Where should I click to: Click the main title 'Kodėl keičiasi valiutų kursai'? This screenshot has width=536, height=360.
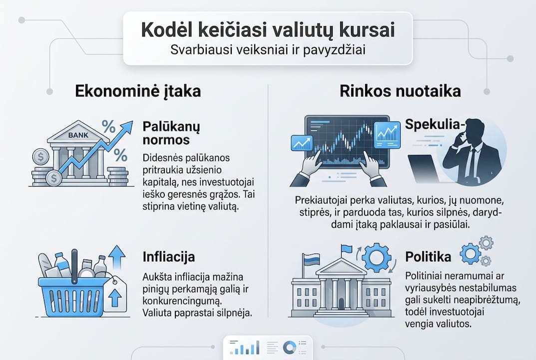click(x=268, y=30)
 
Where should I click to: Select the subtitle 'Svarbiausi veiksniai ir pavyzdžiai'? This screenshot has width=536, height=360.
click(x=268, y=50)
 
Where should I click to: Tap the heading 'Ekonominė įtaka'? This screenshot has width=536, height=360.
click(x=138, y=91)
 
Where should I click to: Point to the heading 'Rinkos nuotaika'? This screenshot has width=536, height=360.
click(x=400, y=91)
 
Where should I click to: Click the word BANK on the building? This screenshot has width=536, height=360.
click(x=78, y=135)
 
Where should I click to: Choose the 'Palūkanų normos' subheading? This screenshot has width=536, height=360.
click(x=171, y=133)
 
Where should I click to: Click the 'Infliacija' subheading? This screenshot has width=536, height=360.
click(x=169, y=256)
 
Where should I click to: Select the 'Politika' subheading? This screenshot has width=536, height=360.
click(x=428, y=256)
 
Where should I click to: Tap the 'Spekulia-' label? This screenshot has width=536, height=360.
click(x=435, y=124)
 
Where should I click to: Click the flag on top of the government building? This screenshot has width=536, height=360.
click(x=346, y=249)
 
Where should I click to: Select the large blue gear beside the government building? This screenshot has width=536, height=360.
click(x=376, y=257)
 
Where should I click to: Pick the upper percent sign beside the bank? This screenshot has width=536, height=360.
click(x=109, y=126)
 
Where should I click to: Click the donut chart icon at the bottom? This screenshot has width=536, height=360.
click(x=290, y=347)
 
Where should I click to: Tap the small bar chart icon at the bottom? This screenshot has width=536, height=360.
click(x=244, y=347)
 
